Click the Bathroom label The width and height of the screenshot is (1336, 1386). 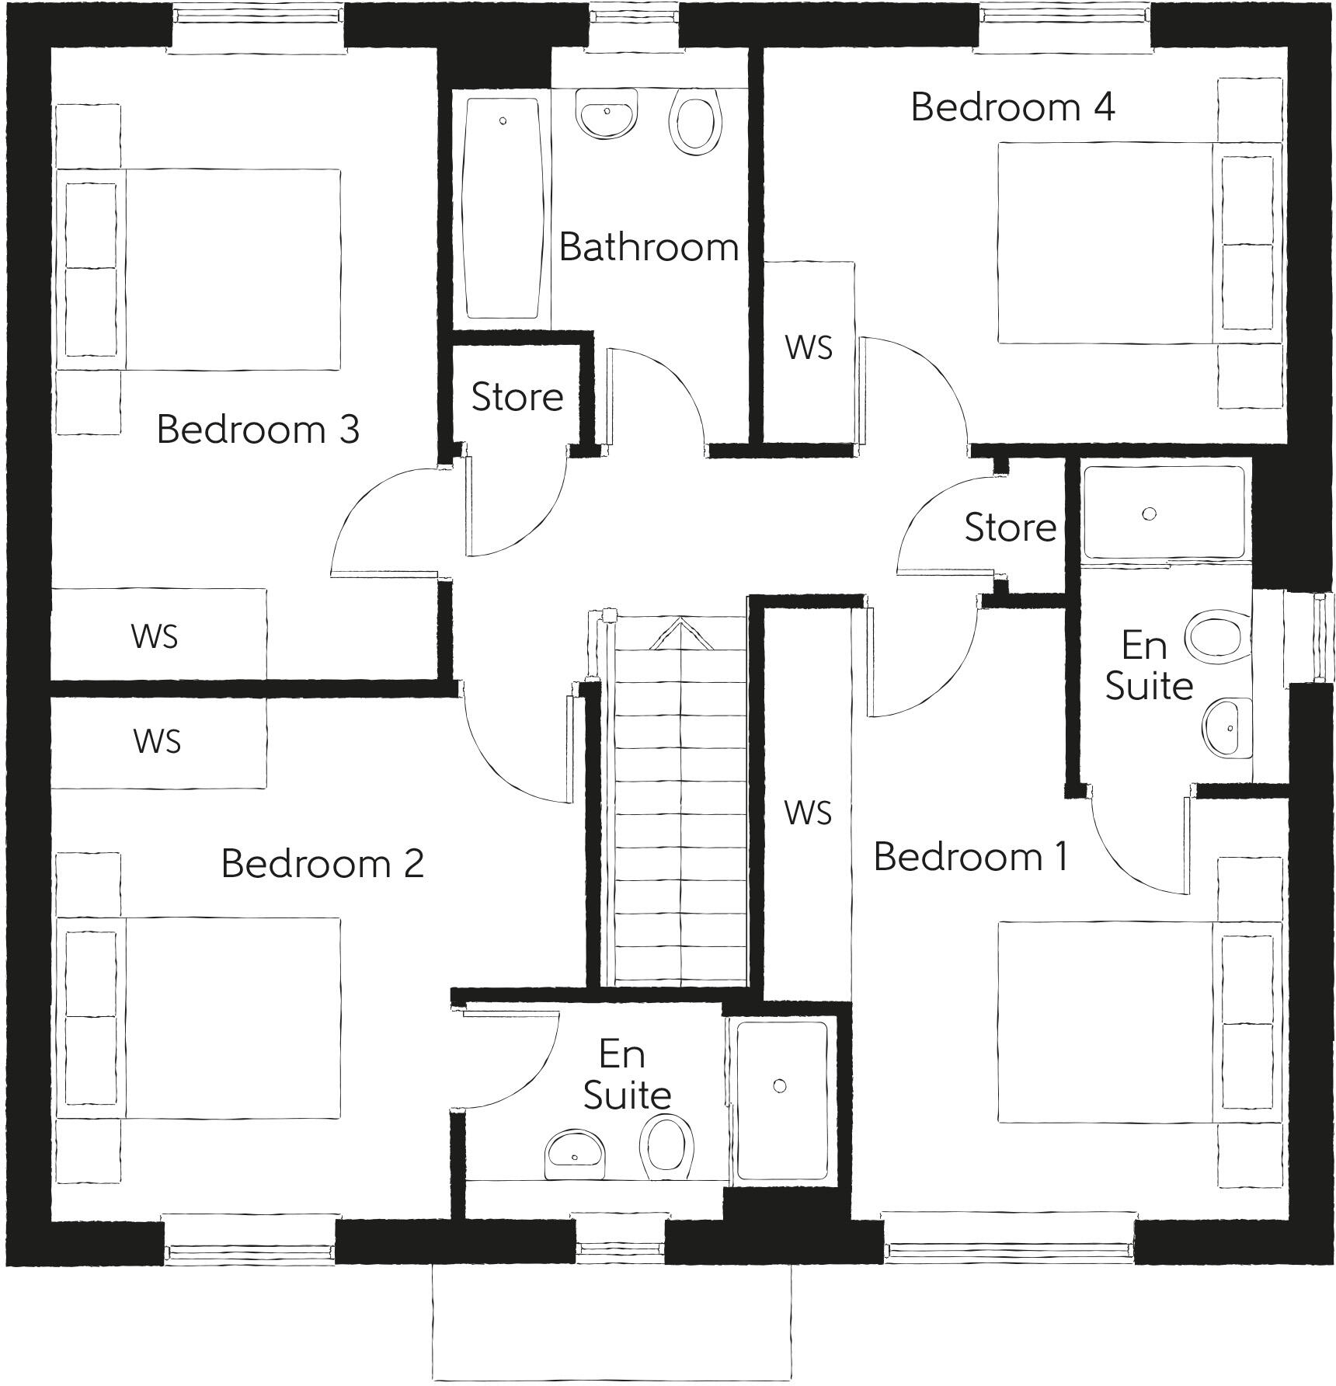[648, 248]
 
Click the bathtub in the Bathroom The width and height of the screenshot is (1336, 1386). [502, 207]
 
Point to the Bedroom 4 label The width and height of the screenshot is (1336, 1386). [1012, 106]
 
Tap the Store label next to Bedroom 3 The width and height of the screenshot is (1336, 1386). [517, 397]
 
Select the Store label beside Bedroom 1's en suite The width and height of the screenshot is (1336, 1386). [1010, 528]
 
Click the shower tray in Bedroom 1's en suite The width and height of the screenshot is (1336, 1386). [1163, 513]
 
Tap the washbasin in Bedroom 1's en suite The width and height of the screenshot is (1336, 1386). [1226, 727]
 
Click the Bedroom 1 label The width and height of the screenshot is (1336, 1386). [970, 856]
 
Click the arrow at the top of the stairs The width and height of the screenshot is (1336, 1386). [681, 633]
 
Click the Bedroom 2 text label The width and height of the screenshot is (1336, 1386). [322, 863]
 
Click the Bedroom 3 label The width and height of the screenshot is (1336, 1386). [258, 429]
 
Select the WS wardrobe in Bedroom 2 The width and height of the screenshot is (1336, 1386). [158, 742]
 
